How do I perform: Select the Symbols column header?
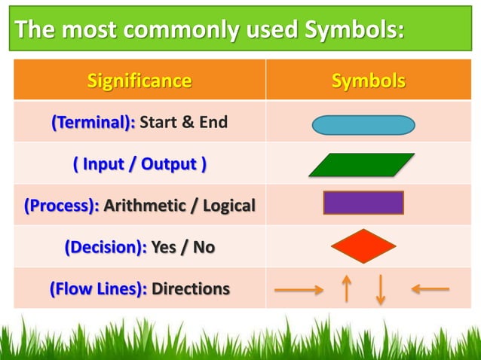[369, 81]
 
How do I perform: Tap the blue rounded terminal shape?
[363, 125]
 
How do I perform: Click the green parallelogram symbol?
[362, 165]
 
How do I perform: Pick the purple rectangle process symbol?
[363, 203]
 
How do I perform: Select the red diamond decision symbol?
[363, 246]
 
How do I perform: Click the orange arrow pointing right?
[299, 288]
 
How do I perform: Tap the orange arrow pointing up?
[346, 288]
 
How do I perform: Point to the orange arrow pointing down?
[380, 289]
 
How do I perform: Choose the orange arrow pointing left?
[430, 288]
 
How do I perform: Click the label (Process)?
[62, 205]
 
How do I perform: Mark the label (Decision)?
[106, 247]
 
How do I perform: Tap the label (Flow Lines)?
[98, 289]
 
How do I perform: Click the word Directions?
[191, 289]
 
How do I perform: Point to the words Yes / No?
[182, 247]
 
